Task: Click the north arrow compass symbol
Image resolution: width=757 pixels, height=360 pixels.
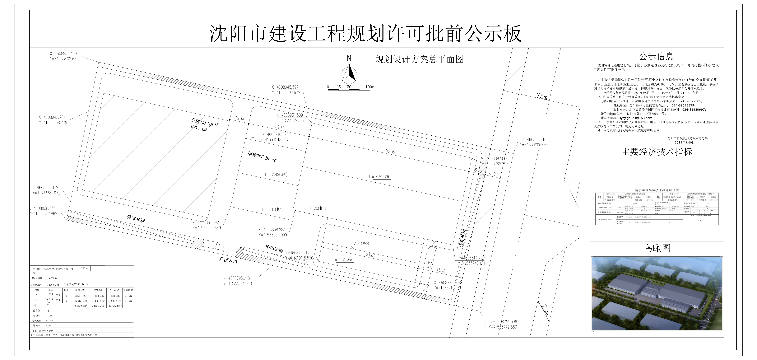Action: point(349,73)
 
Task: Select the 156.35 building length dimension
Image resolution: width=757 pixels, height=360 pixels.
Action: point(389,151)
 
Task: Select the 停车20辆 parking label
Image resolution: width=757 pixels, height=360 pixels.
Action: point(274,249)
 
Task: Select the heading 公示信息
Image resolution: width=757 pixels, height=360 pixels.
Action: point(657,56)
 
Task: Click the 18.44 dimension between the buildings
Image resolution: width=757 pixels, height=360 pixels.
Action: point(239,119)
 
